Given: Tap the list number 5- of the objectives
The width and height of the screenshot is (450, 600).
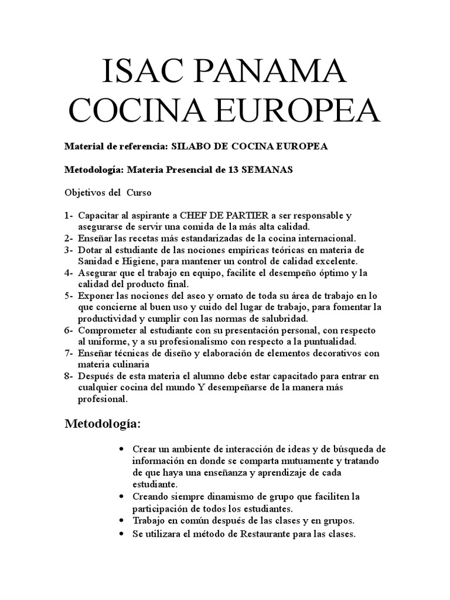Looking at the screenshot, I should [70, 296].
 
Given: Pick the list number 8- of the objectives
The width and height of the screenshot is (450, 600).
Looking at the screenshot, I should [70, 376].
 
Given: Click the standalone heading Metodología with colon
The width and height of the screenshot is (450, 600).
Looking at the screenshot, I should [103, 424].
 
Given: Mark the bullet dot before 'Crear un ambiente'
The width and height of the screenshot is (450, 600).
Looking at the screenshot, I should [121, 449].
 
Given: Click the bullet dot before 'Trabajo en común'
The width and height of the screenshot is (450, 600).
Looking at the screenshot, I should [121, 520].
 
